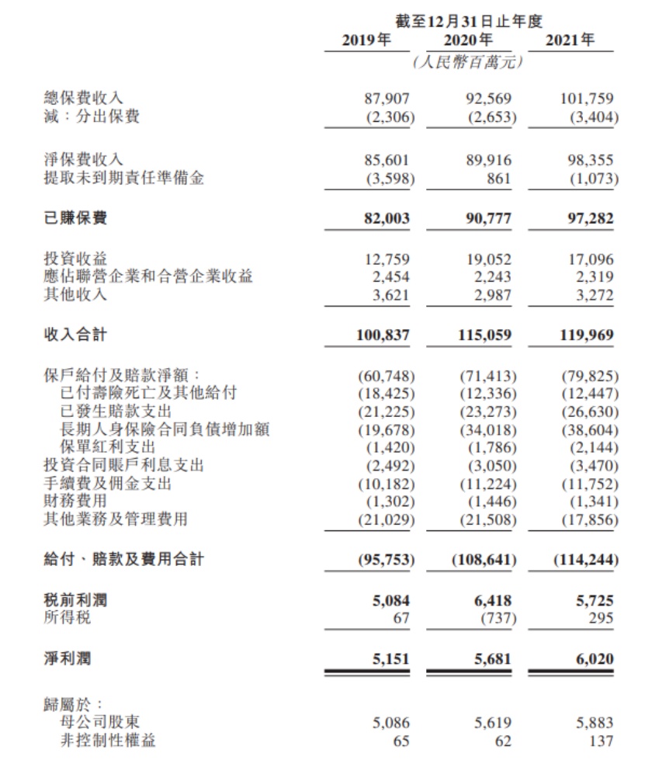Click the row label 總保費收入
click(x=83, y=99)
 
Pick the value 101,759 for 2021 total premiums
click(x=586, y=99)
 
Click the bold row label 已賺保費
click(x=75, y=218)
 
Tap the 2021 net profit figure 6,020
click(x=592, y=659)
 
